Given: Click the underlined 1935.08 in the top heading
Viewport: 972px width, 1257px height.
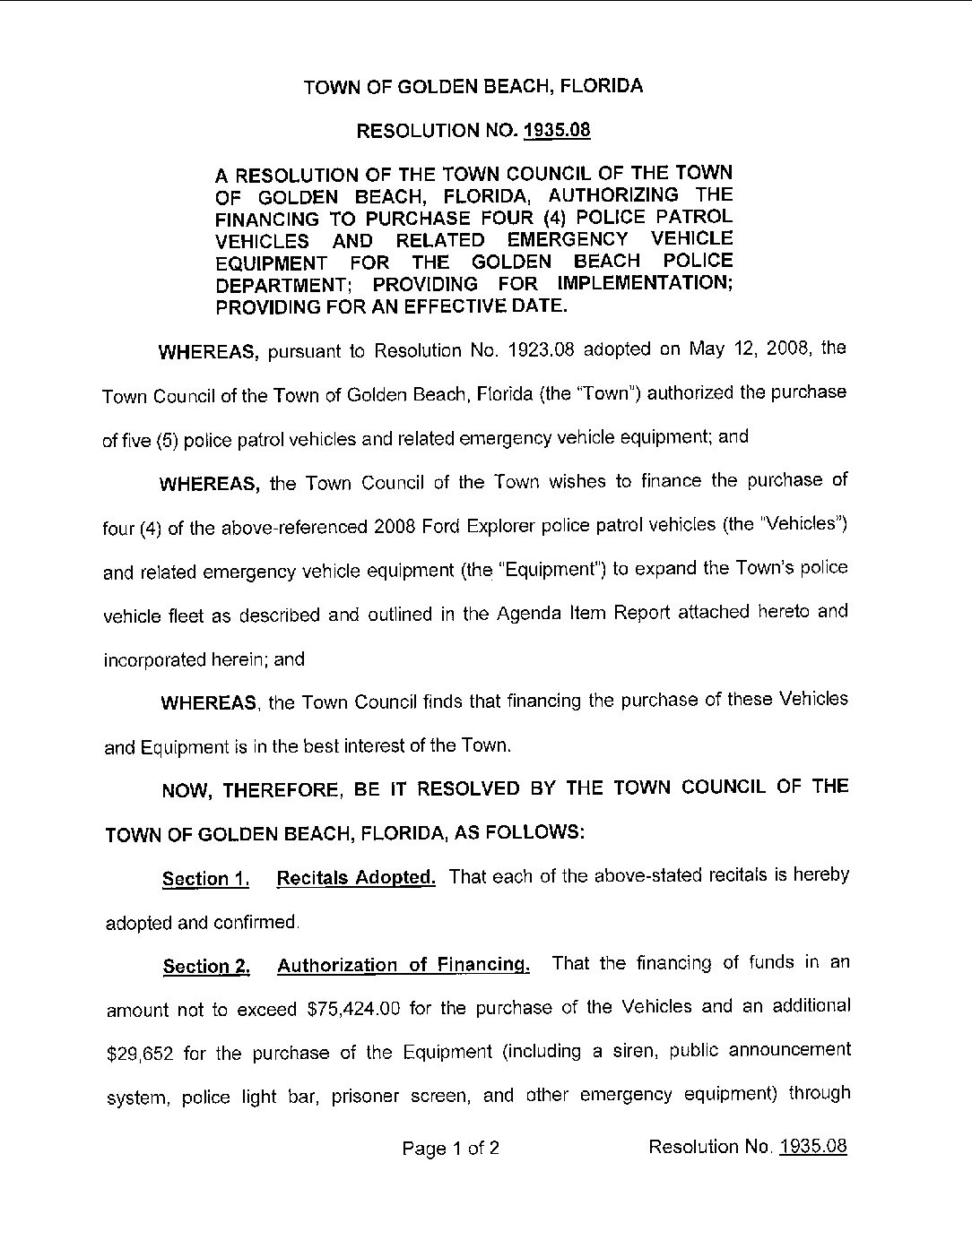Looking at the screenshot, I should (x=557, y=131).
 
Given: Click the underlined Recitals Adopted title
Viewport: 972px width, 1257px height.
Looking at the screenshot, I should (x=356, y=877).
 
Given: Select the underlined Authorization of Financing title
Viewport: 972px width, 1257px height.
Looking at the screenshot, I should (x=404, y=965).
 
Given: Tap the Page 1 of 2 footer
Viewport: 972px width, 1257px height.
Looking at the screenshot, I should (x=451, y=1149).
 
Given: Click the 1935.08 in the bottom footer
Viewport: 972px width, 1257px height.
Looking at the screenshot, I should (x=813, y=1147).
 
